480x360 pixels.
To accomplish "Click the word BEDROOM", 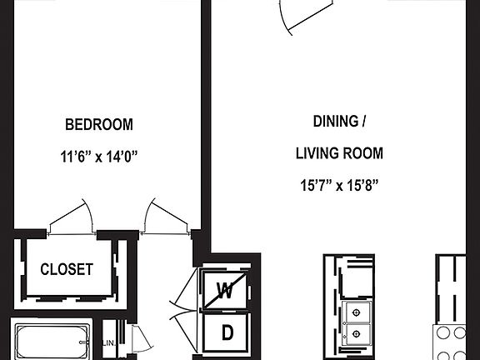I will tap(99, 125).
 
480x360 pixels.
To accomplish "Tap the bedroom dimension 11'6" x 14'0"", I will tap(99, 155).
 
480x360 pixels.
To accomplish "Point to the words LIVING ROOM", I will tap(339, 153).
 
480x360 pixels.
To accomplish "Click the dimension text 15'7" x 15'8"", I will tap(338, 185).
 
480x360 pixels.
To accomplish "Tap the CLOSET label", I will tap(67, 270).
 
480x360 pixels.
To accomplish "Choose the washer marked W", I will tap(224, 291).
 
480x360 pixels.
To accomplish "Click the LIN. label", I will tap(108, 342).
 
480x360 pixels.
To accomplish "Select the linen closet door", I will tap(137, 341).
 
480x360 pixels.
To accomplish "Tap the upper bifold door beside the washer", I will tap(186, 291).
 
